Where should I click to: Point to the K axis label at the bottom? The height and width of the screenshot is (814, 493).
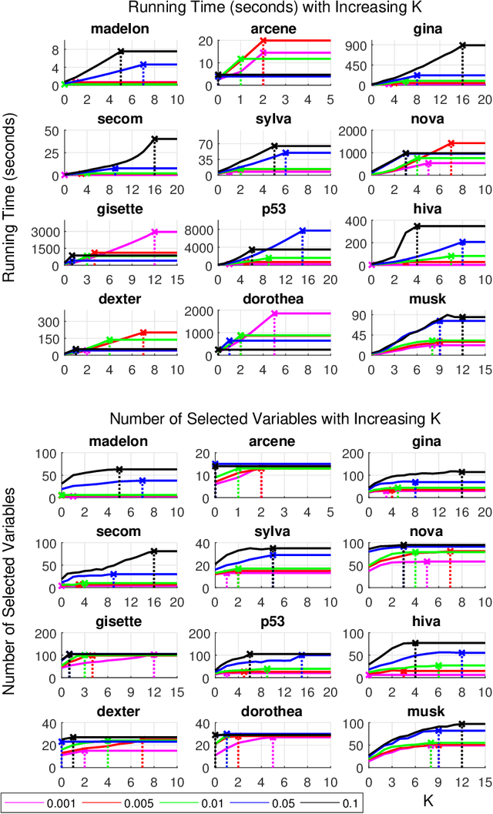coord(428,801)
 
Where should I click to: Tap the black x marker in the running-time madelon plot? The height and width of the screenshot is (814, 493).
coord(121,52)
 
